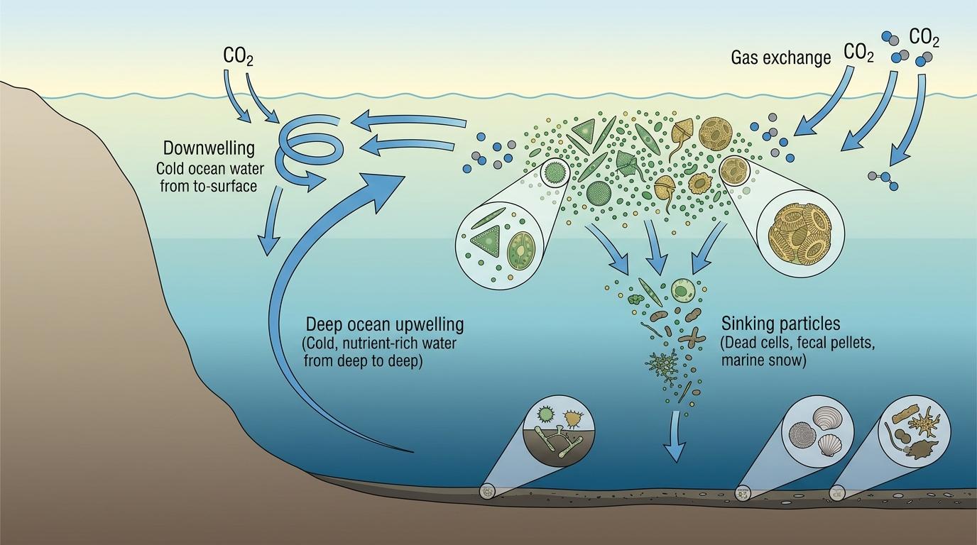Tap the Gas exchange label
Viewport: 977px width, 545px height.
(x=780, y=58)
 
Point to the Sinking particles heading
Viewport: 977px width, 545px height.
(x=780, y=324)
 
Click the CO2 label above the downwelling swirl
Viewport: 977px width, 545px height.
(x=238, y=57)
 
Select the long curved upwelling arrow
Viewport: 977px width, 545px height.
(x=298, y=298)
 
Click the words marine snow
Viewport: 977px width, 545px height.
(x=763, y=360)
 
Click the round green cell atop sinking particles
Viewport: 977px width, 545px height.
(x=683, y=289)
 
